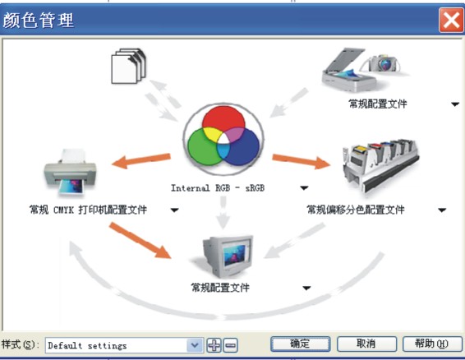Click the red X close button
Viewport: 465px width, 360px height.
pyautogui.click(x=451, y=21)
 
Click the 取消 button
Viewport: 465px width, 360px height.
pyautogui.click(x=366, y=344)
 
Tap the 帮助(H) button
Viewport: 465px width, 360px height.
pyautogui.click(x=432, y=344)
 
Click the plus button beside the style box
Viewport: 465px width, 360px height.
pyautogui.click(x=214, y=345)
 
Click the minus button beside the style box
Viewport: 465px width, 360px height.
pyautogui.click(x=230, y=345)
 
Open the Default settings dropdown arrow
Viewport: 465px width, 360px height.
pyautogui.click(x=195, y=345)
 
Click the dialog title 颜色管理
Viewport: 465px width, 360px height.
pyautogui.click(x=39, y=21)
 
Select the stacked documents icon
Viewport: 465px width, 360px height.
pyautogui.click(x=128, y=66)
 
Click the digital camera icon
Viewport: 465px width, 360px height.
pyautogui.click(x=384, y=63)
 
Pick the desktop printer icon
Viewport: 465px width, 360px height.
pyautogui.click(x=71, y=172)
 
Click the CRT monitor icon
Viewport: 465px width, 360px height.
pyautogui.click(x=228, y=256)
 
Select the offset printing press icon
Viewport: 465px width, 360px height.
pyautogui.click(x=381, y=166)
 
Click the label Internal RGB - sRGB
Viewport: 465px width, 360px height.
pyautogui.click(x=218, y=188)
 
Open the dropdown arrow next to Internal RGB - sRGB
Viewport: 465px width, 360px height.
pyautogui.click(x=304, y=188)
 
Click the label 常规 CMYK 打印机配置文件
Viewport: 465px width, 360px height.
pyautogui.click(x=88, y=210)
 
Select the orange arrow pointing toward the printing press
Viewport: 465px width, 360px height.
pyautogui.click(x=301, y=161)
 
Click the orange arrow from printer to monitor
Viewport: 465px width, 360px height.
pyautogui.click(x=140, y=240)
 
